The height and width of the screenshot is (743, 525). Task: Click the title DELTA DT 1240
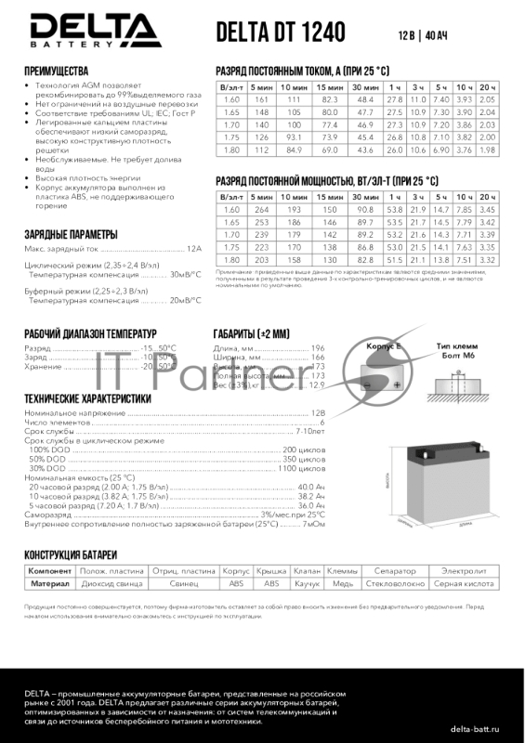coord(280,33)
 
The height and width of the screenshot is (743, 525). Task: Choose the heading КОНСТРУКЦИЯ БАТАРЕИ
coord(74,554)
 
